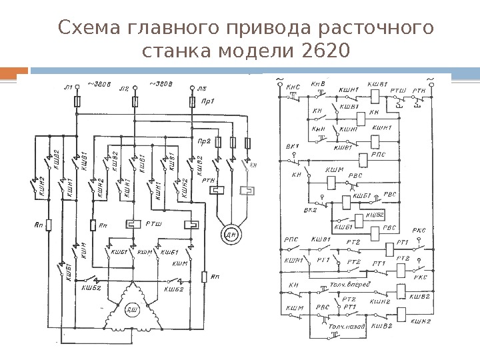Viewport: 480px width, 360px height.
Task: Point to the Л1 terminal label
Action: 67,87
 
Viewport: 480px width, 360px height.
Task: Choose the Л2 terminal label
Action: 123,87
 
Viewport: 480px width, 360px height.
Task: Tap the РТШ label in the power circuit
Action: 153,225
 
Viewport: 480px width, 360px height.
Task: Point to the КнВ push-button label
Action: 319,85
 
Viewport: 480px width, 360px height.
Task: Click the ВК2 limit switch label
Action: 311,211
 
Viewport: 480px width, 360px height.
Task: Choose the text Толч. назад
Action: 347,327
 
